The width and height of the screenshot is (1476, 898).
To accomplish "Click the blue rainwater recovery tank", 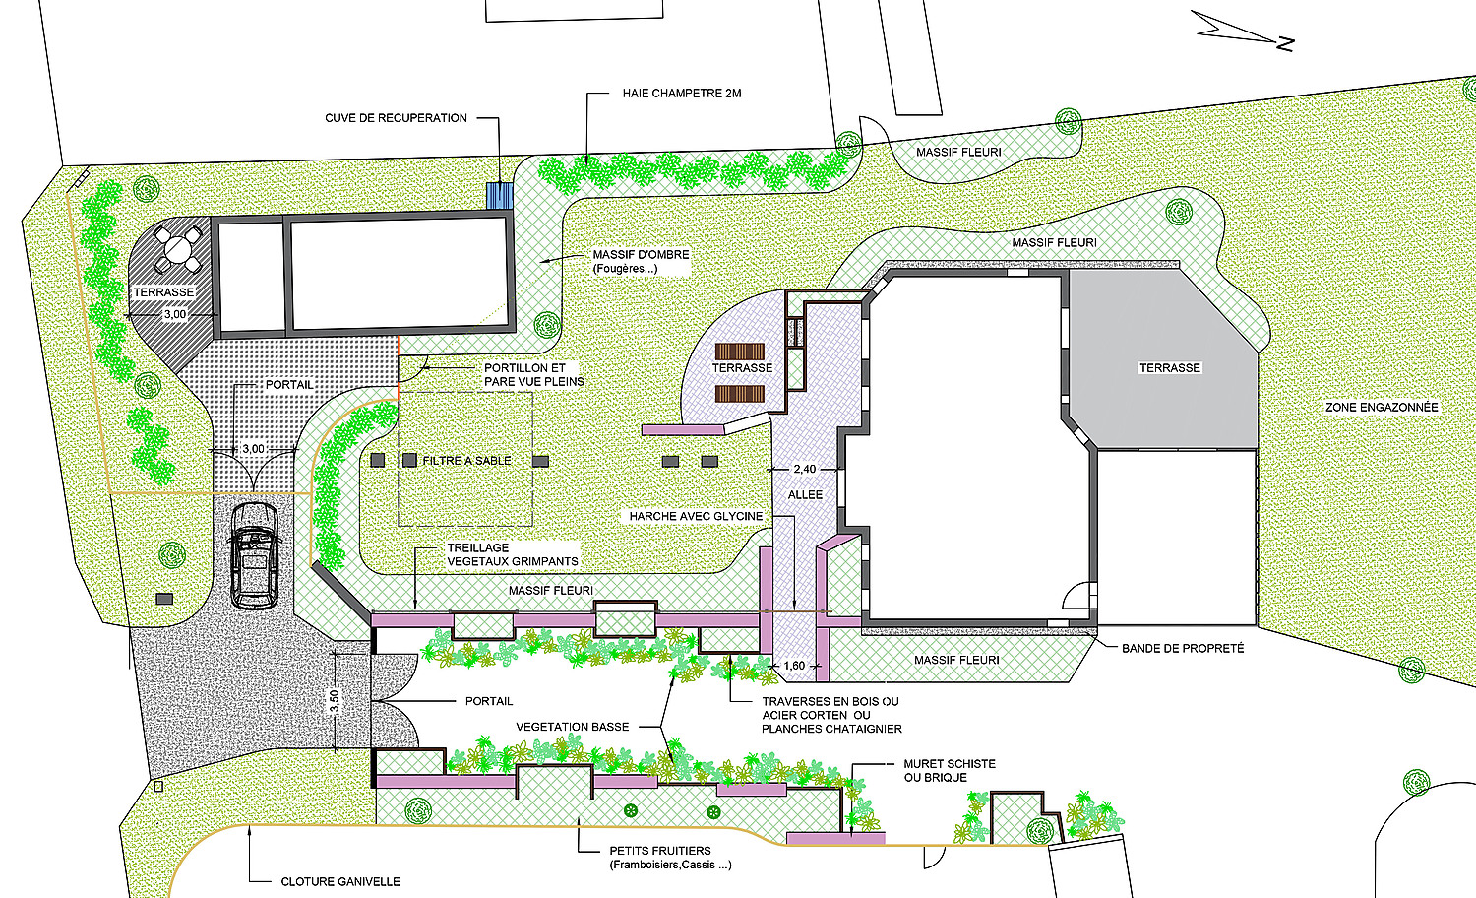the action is (x=500, y=196).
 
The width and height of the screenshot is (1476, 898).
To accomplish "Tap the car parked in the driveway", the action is (x=254, y=555).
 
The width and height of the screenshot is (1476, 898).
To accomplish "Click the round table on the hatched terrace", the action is (x=176, y=249).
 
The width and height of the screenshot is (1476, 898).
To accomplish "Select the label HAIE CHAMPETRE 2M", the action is (x=682, y=94).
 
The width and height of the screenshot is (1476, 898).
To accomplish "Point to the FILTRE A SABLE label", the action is (x=466, y=461).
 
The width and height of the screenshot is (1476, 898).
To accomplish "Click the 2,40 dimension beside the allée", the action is (x=805, y=469).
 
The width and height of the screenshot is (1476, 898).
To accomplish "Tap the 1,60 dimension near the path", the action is (x=794, y=666).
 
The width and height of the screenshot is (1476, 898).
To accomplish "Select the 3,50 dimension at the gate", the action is (x=335, y=701).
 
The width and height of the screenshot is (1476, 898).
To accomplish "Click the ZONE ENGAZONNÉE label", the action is (x=1382, y=408).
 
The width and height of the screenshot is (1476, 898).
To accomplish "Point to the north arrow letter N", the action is (x=1285, y=45).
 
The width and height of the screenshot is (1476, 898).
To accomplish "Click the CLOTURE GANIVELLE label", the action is (x=340, y=881).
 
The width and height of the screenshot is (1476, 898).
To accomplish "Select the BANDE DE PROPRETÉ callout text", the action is (x=1183, y=649).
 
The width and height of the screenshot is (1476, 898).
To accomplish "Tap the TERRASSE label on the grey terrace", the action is (x=1170, y=368).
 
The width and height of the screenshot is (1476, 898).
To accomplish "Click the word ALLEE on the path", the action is (x=805, y=494).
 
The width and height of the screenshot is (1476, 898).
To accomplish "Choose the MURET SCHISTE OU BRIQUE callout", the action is (x=950, y=771).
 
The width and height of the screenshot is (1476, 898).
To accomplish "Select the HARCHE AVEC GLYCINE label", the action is (x=696, y=516).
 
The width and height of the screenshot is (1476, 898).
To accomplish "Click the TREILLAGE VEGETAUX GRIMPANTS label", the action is (x=513, y=554).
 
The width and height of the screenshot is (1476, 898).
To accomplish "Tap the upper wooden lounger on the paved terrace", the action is (x=740, y=352).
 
